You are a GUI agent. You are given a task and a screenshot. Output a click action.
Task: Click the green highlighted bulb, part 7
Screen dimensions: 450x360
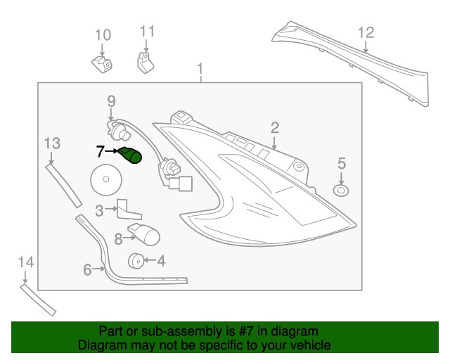pyautogui.click(x=130, y=155)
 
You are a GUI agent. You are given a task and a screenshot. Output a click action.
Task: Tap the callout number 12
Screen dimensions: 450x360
pyautogui.click(x=366, y=33)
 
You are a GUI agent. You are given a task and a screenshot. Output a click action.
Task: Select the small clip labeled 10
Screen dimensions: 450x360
pyautogui.click(x=102, y=65)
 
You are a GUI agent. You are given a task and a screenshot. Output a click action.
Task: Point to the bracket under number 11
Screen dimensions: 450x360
pyautogui.click(x=146, y=63)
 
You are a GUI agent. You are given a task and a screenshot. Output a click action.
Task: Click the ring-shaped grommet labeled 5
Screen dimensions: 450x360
pyautogui.click(x=341, y=191)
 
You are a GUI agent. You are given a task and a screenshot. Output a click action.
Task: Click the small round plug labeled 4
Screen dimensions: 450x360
pyautogui.click(x=136, y=261)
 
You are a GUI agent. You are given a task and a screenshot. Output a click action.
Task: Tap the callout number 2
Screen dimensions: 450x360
pyautogui.click(x=275, y=128)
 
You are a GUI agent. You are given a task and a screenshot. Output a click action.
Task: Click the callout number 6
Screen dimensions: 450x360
pyautogui.click(x=87, y=270)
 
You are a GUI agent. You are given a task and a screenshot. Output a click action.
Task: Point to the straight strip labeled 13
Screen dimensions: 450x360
pyautogui.click(x=63, y=185)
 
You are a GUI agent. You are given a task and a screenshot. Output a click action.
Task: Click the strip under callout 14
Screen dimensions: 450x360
pyautogui.click(x=38, y=300)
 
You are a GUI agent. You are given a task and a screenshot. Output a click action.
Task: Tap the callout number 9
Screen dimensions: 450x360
pyautogui.click(x=111, y=101)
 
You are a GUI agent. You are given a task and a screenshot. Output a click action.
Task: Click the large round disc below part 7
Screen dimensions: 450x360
pyautogui.click(x=106, y=180)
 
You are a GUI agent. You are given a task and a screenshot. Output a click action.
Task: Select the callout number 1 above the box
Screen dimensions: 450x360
pyautogui.click(x=200, y=69)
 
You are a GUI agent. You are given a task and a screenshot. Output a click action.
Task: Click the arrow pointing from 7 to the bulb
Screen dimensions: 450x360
pyautogui.click(x=111, y=150)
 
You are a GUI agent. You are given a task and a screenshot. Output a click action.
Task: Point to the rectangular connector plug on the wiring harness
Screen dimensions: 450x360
pyautogui.click(x=180, y=184)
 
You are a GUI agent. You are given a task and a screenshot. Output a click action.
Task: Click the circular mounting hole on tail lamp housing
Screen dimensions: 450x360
pyautogui.click(x=299, y=166)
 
